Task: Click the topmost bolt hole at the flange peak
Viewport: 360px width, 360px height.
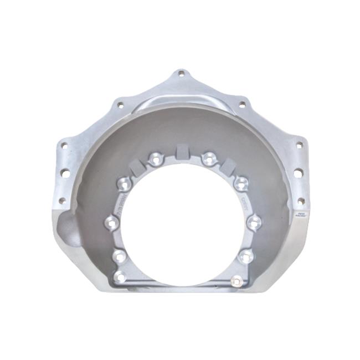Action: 180,73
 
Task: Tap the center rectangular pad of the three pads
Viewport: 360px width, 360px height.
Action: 181,151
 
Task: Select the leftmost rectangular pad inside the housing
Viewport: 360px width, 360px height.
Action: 138,164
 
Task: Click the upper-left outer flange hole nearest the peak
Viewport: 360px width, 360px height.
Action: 119,104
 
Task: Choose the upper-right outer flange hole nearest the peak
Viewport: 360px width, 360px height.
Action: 241,104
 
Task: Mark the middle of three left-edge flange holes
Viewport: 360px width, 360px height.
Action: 65,173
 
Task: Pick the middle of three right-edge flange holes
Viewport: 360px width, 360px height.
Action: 298,173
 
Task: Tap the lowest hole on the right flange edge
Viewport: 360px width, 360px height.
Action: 301,200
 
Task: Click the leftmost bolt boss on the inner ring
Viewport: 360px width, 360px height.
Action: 111,223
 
